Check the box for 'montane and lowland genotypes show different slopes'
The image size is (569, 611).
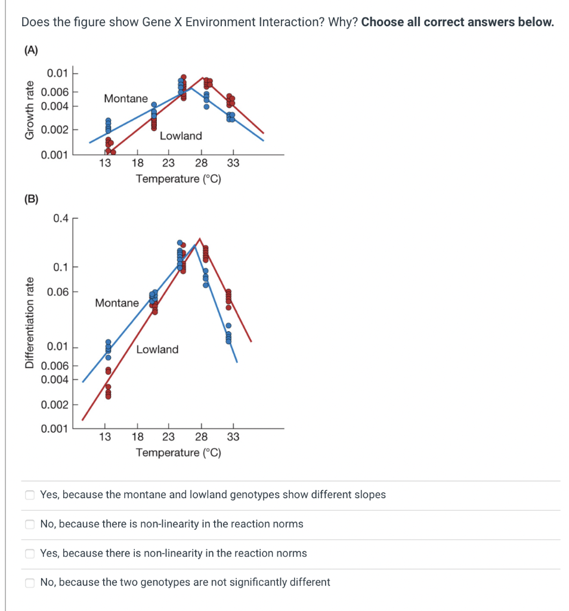tap(29, 495)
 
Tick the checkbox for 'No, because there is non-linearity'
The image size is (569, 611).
tap(29, 524)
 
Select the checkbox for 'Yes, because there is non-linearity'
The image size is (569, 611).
tap(29, 553)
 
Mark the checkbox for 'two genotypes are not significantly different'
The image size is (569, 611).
tap(29, 582)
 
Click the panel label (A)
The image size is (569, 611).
tap(30, 51)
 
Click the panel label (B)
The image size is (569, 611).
tap(30, 199)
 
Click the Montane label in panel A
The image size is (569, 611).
tap(126, 98)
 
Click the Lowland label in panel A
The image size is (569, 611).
tap(181, 136)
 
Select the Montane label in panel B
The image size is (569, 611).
tap(117, 303)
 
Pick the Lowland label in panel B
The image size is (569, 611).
tap(157, 350)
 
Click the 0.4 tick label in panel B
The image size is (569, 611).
tap(61, 218)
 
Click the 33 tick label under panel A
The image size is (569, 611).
tap(233, 163)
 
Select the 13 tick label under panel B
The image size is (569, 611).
tap(105, 437)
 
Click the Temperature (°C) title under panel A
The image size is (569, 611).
tap(178, 179)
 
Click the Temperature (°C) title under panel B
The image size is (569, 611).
tap(178, 452)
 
